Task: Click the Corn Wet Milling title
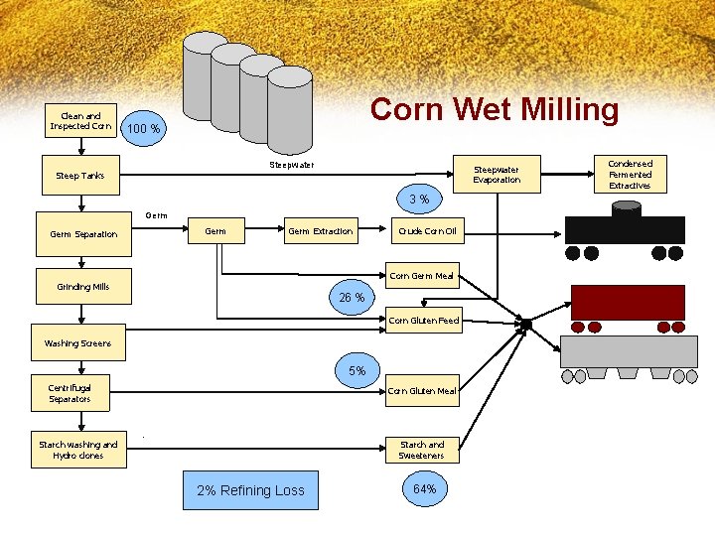494,109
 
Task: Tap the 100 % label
145,129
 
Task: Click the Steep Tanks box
80,176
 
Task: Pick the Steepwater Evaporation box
496,175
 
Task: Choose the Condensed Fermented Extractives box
630,174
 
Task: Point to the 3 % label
419,201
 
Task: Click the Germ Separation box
83,234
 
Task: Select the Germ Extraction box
320,231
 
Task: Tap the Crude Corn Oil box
427,231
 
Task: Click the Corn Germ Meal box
422,277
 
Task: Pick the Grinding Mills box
83,287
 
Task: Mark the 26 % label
352,297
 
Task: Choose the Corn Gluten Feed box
423,321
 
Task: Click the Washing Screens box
78,342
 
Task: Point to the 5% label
357,370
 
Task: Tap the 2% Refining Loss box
250,490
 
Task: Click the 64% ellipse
422,489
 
